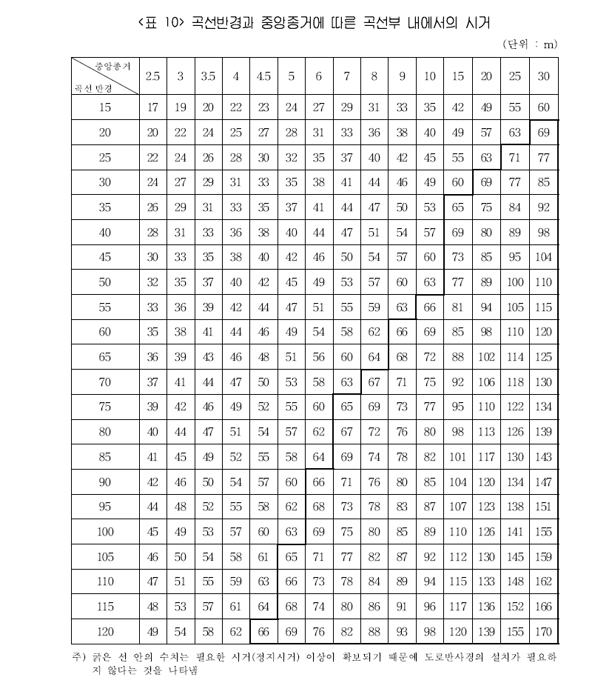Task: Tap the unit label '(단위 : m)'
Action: [529, 44]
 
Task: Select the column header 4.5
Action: [264, 76]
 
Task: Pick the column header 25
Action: [515, 76]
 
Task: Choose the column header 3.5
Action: [209, 76]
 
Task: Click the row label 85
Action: [105, 457]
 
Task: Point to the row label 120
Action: [105, 631]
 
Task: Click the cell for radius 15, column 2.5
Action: [153, 107]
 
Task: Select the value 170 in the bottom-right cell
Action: [544, 631]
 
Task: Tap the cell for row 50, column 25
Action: [515, 282]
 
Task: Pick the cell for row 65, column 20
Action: [486, 357]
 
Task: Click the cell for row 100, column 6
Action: [319, 532]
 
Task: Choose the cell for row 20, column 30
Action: [544, 133]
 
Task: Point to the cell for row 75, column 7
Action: [346, 407]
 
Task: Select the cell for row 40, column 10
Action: [430, 233]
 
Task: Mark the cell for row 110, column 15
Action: [458, 581]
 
